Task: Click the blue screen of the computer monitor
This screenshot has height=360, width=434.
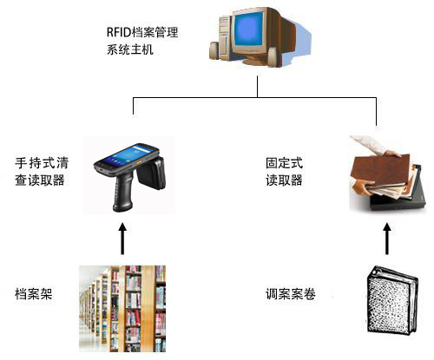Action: [x=249, y=29]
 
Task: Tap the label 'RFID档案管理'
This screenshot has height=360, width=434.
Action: [x=142, y=32]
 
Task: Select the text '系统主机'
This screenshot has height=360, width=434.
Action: [x=130, y=49]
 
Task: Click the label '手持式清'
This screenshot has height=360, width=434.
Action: [x=42, y=163]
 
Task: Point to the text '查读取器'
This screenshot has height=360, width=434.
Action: [x=40, y=180]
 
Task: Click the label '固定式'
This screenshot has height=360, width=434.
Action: [x=284, y=163]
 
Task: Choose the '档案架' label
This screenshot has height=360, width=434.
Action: [x=34, y=294]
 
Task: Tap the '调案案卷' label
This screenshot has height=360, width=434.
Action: [x=291, y=294]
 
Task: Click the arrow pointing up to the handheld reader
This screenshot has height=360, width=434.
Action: [x=122, y=239]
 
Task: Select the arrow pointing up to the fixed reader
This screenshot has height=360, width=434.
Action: [x=387, y=239]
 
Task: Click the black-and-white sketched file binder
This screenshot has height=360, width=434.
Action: [x=391, y=301]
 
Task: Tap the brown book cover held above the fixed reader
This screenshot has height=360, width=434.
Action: [x=380, y=170]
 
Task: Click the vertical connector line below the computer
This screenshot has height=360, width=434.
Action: [x=257, y=87]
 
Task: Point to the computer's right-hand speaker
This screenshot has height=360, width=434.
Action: [x=273, y=57]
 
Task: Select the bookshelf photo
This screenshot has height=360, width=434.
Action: [x=122, y=309]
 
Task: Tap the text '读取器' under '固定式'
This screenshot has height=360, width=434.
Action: [x=284, y=180]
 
